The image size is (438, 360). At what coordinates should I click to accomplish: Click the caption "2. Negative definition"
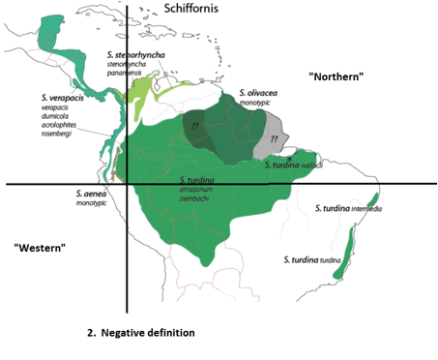click(140, 332)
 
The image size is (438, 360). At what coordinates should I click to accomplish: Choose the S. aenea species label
click(91, 195)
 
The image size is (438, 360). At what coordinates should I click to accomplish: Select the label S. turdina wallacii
click(296, 165)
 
